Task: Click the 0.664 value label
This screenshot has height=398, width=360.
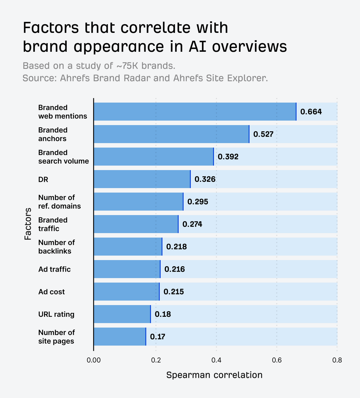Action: click(311, 112)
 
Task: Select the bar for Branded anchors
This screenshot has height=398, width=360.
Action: click(171, 134)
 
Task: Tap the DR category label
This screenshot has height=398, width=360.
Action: click(43, 179)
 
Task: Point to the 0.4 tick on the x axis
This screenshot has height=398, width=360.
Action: click(216, 360)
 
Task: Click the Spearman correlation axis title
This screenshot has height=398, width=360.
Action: click(214, 375)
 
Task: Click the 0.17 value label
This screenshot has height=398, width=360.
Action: click(157, 337)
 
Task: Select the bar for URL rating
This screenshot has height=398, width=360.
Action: click(122, 314)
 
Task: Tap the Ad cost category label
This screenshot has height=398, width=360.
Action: click(51, 292)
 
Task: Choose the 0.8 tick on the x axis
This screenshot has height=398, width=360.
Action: click(337, 360)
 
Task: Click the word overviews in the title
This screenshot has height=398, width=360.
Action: click(249, 47)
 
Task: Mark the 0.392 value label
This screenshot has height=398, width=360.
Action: click(228, 157)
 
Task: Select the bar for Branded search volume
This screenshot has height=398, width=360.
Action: click(154, 157)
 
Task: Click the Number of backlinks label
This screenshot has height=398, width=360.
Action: click(56, 247)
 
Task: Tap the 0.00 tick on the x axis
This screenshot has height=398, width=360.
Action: click(94, 360)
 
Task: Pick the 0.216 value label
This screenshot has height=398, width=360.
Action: click(175, 269)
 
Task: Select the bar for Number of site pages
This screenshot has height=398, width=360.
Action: click(120, 337)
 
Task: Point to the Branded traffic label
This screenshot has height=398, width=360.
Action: click(53, 224)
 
